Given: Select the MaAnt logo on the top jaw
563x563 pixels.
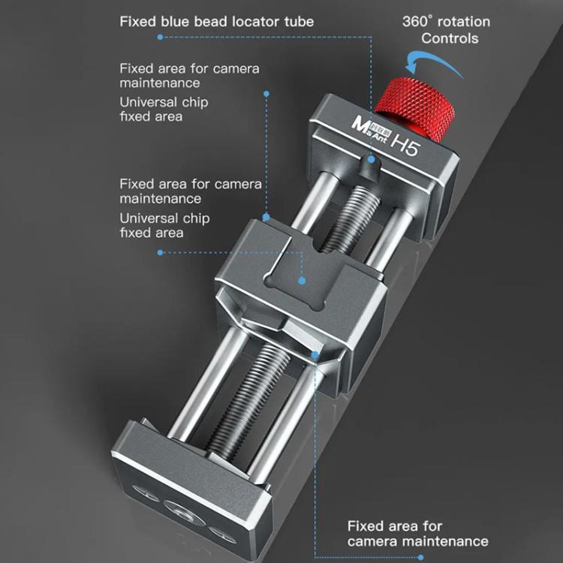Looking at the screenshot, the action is click(370, 129).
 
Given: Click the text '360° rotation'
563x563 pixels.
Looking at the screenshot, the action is click(447, 22).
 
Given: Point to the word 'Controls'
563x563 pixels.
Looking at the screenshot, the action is click(450, 38).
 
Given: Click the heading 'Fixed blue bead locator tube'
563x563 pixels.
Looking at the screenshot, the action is click(217, 22).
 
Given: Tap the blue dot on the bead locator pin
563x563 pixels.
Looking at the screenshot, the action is click(372, 159).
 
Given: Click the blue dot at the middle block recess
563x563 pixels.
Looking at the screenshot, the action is click(302, 281).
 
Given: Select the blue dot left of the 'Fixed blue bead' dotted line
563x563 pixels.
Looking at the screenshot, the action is click(160, 37).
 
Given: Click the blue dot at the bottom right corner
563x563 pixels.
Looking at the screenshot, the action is click(421, 558).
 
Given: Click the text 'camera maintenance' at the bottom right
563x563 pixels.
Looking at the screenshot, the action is click(417, 541).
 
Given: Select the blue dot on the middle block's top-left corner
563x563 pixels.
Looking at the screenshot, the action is click(266, 217).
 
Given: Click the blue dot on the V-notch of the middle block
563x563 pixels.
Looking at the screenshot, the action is click(315, 356).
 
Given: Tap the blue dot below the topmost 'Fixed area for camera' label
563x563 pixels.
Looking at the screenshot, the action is click(266, 94).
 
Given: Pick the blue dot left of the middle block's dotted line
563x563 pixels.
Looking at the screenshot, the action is click(160, 252).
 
